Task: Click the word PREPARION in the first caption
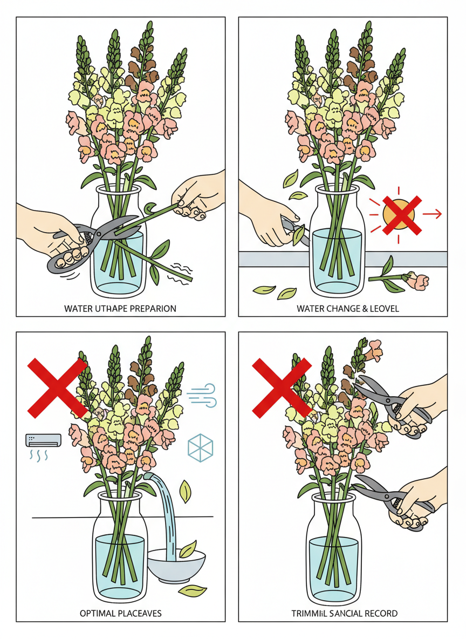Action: tap(153, 309)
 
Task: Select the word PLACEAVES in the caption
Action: tap(140, 613)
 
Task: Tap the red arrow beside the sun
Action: tap(432, 213)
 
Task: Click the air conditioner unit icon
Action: tap(44, 440)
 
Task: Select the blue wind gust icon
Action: tap(202, 395)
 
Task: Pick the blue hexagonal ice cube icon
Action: tap(201, 448)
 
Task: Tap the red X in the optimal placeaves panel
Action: tap(57, 388)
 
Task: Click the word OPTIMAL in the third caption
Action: tap(98, 613)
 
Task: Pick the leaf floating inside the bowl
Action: tap(188, 549)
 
